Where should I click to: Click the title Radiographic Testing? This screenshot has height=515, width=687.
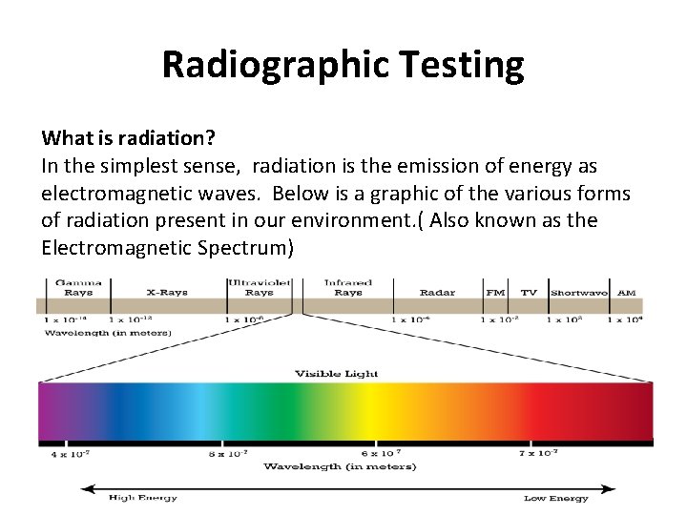[x=343, y=65]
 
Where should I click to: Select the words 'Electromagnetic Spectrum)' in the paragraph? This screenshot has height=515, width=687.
[x=167, y=248]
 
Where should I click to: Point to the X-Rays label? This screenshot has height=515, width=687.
[x=166, y=292]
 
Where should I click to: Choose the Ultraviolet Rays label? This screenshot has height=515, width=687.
[x=259, y=287]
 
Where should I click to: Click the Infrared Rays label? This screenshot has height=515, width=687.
[x=347, y=287]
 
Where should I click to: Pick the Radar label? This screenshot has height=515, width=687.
[x=438, y=292]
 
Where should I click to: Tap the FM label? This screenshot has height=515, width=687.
[x=495, y=292]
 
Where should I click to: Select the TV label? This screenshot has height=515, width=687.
[x=528, y=292]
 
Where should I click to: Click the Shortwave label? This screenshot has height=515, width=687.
[x=578, y=292]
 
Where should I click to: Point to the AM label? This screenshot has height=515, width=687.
[x=626, y=292]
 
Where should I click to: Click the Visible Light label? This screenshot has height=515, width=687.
[x=336, y=373]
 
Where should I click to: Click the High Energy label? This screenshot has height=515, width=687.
[x=142, y=498]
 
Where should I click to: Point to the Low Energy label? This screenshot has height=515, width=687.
[x=555, y=498]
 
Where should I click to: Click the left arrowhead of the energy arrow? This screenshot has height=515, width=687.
[x=86, y=488]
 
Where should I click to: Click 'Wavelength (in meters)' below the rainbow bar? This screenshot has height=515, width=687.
[x=340, y=466]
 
